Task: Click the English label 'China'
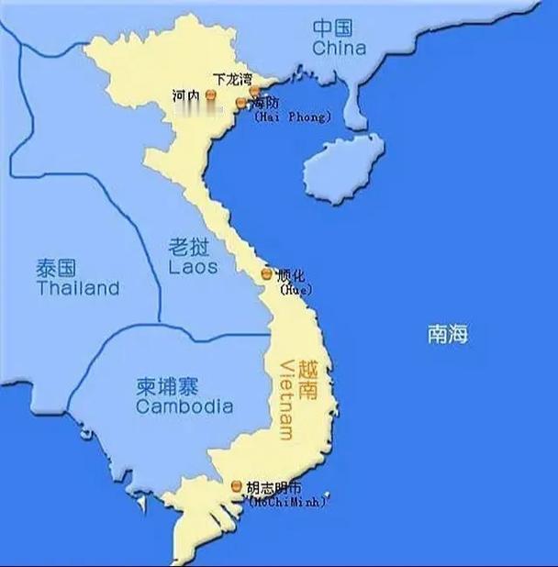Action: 339,48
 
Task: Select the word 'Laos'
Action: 193,267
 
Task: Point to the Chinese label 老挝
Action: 193,246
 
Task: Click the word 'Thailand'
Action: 78,288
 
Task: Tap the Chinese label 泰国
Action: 56,269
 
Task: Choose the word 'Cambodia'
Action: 184,406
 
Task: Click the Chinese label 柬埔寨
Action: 175,385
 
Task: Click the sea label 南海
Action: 447,334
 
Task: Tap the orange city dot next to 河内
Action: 210,94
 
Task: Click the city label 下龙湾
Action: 232,80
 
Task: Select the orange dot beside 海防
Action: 241,104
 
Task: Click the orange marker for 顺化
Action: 266,274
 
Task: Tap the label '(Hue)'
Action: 296,290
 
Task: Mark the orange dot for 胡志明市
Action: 238,486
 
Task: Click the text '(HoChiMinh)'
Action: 286,501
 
